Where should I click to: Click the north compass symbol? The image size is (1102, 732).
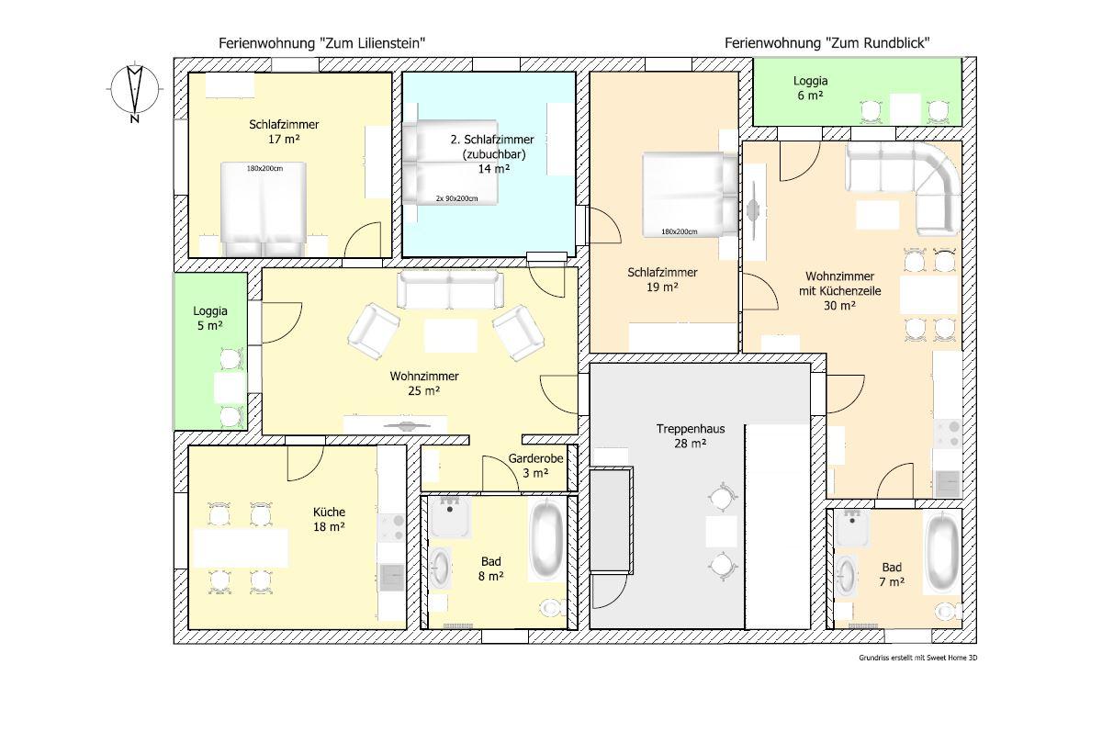coord(135,91)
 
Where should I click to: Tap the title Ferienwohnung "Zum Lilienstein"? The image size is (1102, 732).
coord(321,43)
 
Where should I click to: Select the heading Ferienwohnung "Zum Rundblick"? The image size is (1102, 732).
coord(827,43)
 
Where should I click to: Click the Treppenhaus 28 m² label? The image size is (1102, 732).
coord(691,436)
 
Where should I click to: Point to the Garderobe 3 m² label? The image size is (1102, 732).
coord(535,466)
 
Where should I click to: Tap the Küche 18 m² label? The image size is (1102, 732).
coord(329,519)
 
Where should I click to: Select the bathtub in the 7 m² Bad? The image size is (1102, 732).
coord(942,552)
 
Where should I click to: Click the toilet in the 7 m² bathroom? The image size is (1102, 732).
coord(948,612)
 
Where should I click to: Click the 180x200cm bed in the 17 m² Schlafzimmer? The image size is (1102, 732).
coord(264,208)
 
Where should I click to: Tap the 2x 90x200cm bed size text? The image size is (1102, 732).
coord(456,198)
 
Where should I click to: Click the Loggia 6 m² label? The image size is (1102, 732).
coord(810,88)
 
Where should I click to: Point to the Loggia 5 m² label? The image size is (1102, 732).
coord(210,318)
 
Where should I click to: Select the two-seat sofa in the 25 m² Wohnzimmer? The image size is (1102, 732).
coord(450,289)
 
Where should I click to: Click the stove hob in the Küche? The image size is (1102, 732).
coord(391,527)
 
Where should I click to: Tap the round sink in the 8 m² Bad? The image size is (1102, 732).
coord(440,569)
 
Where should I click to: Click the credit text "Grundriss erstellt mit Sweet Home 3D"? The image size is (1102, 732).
coord(918,658)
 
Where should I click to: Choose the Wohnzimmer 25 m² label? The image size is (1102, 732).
coord(424,383)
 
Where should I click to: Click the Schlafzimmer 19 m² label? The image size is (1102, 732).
coord(662,279)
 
